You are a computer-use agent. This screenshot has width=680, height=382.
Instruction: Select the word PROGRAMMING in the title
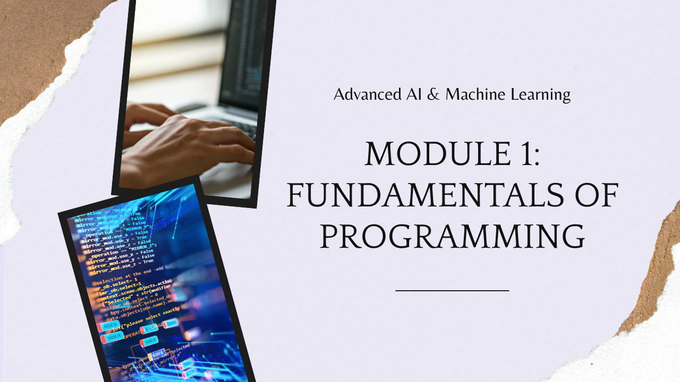tap(452, 237)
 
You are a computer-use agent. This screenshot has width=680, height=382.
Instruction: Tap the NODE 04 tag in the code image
tap(109, 325)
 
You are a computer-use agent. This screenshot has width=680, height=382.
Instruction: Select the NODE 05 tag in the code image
tap(113, 337)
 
